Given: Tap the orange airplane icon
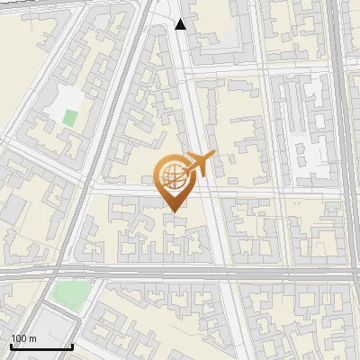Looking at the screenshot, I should pos(200,165).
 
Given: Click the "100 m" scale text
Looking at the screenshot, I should pos(23,337).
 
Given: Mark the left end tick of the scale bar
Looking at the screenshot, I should pos(10,346).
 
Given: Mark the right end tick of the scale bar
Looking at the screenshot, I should pos(72,346).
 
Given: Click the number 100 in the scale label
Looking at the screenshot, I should pos(19,337).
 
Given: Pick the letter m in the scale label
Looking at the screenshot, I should pos(33,337).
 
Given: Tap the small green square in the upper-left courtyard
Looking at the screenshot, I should pos(69,116).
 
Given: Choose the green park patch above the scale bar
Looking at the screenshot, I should pos(69,292).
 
